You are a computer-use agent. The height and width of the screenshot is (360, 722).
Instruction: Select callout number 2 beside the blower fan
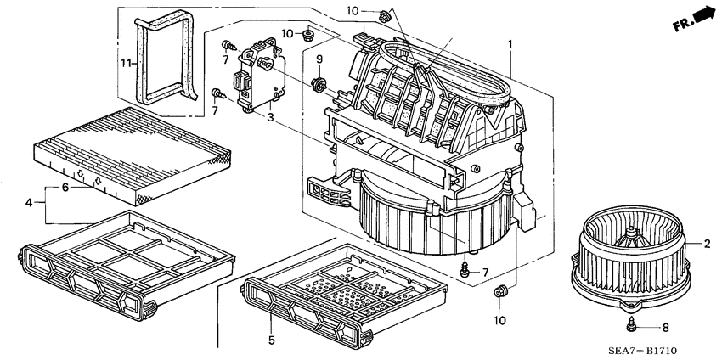707,245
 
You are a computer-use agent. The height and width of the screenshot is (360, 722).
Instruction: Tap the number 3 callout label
268,117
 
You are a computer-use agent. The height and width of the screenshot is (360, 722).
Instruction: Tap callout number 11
125,64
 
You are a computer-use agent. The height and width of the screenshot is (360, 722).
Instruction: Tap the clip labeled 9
320,83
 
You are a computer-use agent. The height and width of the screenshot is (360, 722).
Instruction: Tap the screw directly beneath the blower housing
465,269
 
